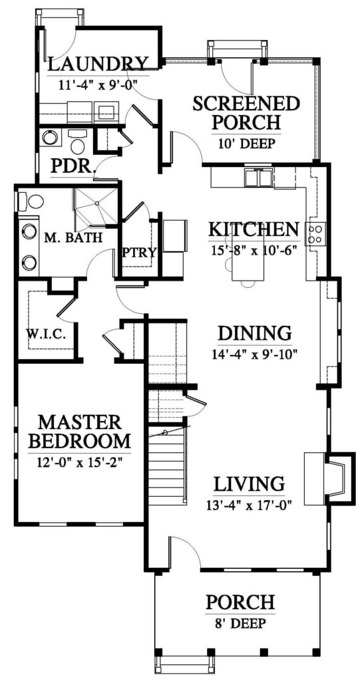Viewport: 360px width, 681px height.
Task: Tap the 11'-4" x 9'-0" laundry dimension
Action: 98,84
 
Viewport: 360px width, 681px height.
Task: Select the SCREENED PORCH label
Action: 246,113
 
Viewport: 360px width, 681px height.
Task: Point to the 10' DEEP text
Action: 246,144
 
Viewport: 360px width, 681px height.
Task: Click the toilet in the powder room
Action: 77,142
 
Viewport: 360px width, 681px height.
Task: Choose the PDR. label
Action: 72,166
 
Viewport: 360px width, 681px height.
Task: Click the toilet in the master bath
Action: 31,202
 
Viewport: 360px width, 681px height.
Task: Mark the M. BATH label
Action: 73,237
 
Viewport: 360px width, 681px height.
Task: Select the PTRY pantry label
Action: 139,252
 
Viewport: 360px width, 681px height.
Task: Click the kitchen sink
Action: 259,178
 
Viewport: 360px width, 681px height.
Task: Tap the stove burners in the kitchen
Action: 316,233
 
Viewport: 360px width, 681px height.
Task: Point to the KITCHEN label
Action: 254,229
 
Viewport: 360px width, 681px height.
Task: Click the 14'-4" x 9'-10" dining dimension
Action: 254,354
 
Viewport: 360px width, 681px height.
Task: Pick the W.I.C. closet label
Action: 45,334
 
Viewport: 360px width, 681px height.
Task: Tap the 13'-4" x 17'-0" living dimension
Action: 249,504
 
